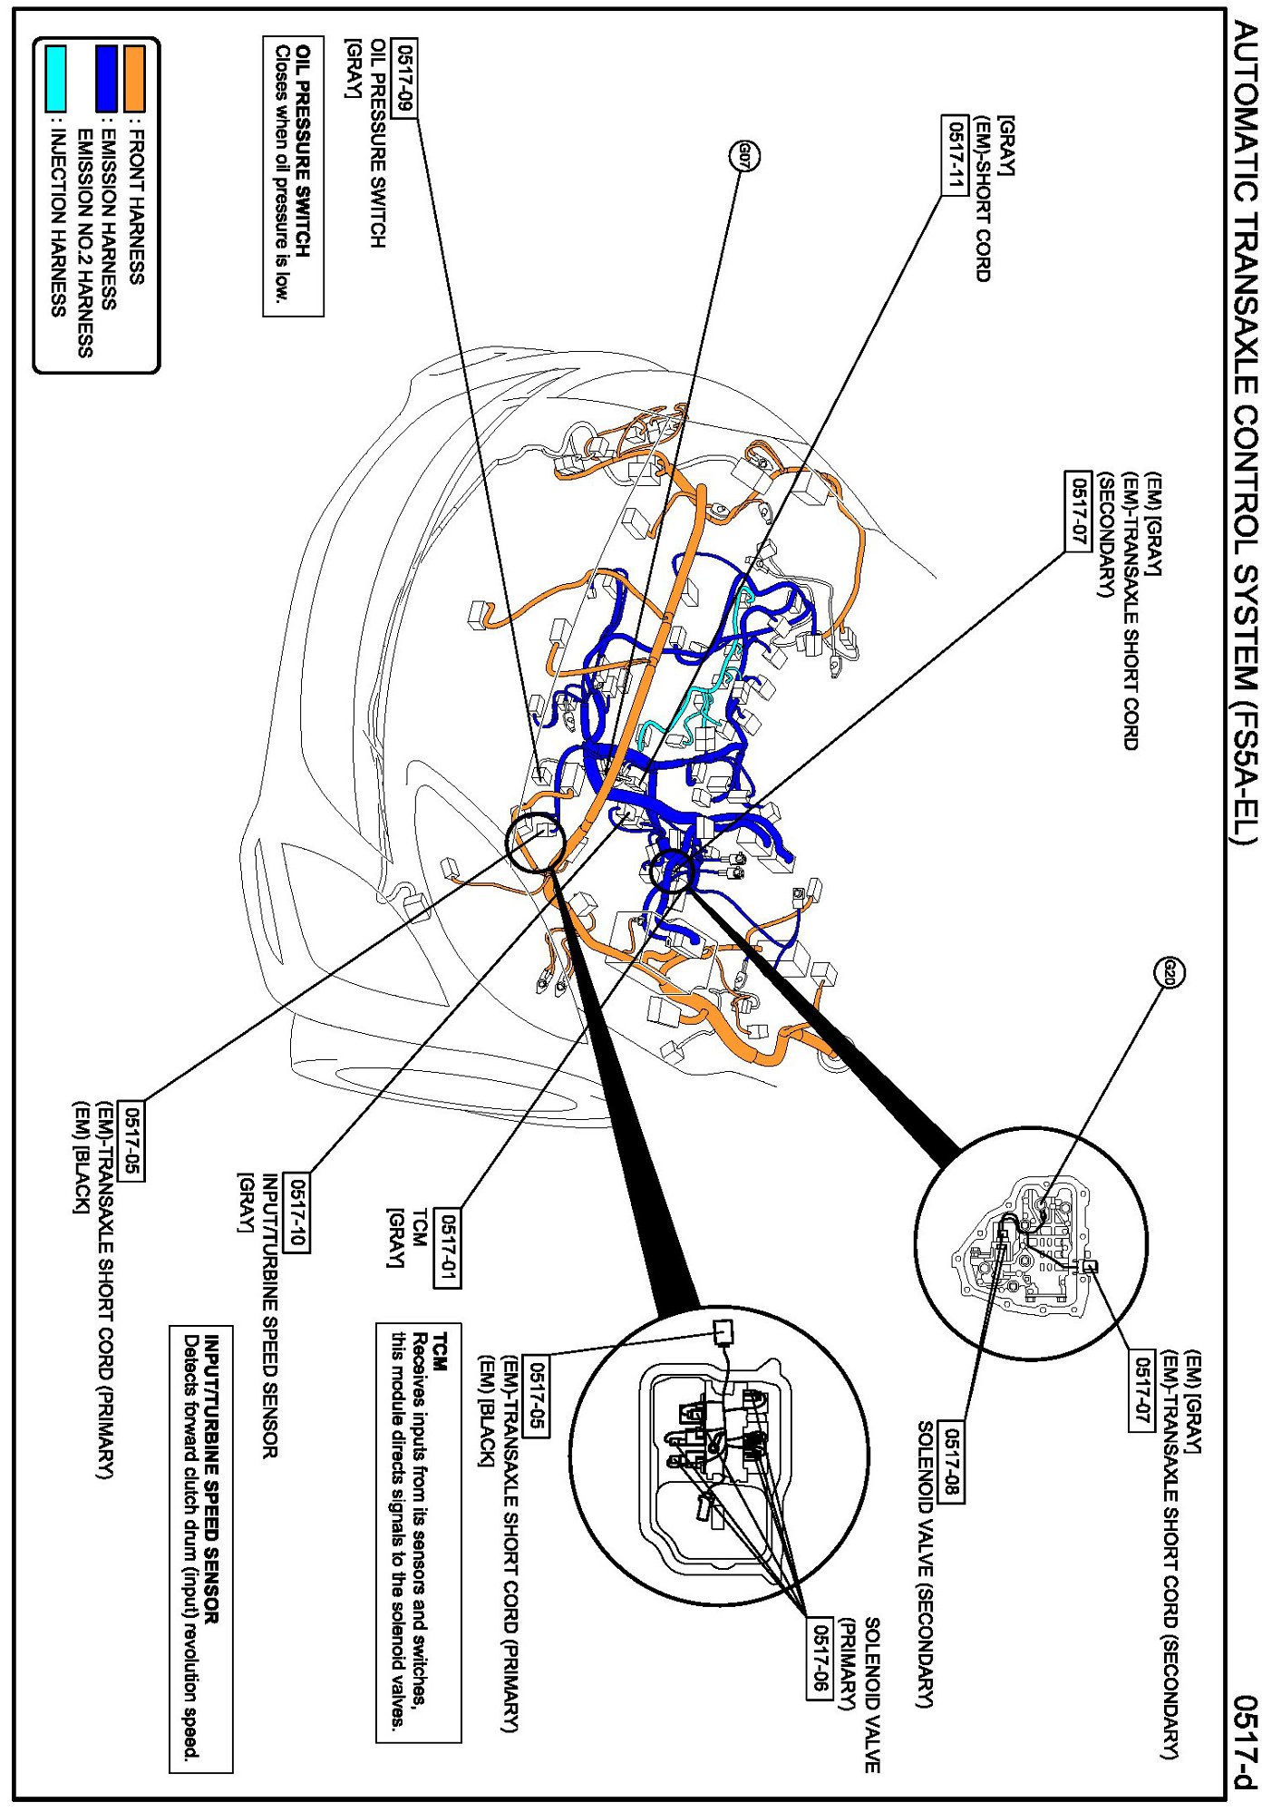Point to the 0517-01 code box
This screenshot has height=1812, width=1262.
tap(448, 1249)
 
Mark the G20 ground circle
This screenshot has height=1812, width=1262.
tap(1170, 973)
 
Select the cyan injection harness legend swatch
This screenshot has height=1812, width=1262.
tap(56, 79)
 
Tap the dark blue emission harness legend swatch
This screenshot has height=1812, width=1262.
tap(108, 79)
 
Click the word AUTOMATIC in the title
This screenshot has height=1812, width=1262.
tap(1247, 100)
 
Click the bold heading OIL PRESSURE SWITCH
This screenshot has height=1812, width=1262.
tap(306, 151)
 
